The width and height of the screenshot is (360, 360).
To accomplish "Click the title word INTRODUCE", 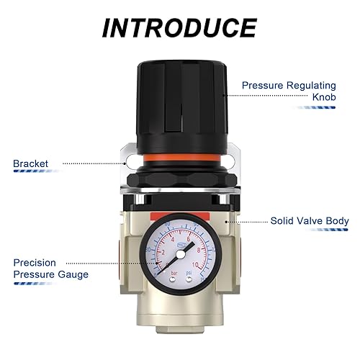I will coord(179,27).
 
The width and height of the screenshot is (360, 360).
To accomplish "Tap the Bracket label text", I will coord(30,163).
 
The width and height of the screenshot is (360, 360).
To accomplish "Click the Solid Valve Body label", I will coord(310,221).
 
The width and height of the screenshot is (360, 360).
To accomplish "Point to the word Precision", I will coord(34,263).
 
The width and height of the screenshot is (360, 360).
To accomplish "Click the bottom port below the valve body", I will coord(180,327).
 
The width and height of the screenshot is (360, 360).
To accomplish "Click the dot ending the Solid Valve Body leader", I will coord(228,222).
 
